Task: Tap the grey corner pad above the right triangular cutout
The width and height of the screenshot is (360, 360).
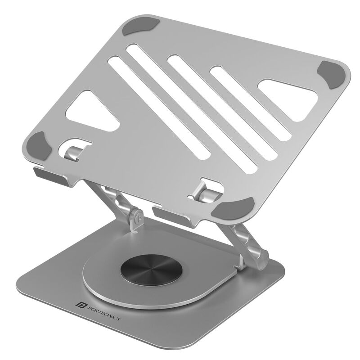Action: coord(333,76)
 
